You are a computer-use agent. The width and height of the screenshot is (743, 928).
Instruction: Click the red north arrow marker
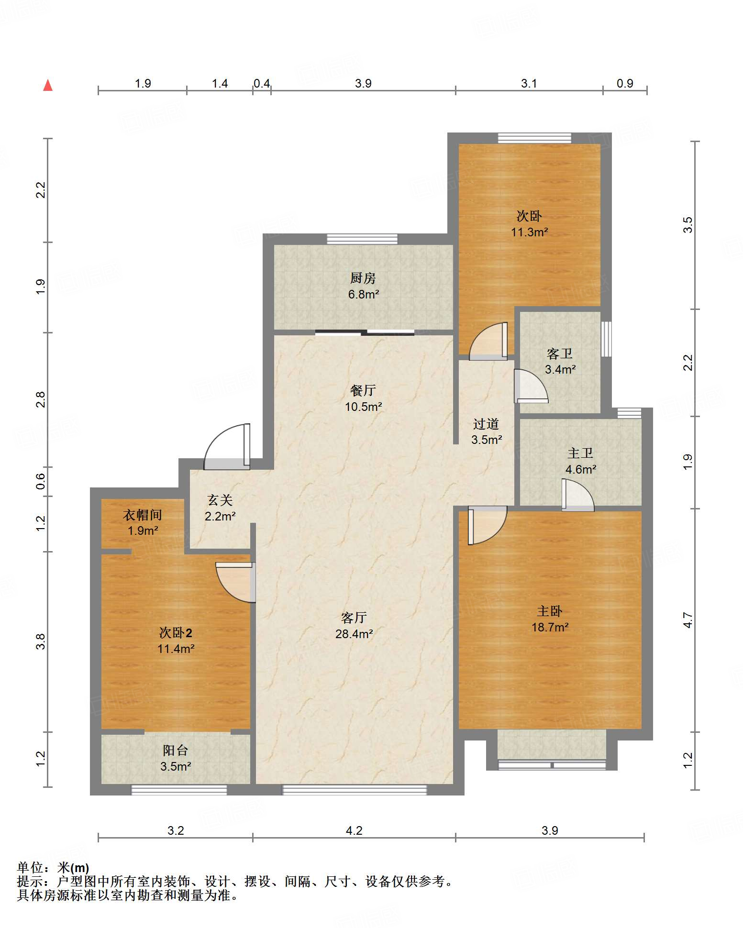point(48,85)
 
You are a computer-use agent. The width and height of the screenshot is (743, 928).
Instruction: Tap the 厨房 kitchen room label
point(363,278)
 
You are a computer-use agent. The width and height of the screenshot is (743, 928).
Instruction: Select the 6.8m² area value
point(363,294)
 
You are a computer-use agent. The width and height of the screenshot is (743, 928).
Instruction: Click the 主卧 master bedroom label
point(549,611)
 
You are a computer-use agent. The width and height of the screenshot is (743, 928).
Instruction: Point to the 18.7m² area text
point(550,627)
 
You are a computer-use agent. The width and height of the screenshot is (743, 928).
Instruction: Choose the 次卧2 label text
point(176,633)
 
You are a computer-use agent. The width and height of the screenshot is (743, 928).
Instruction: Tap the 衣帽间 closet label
point(143,515)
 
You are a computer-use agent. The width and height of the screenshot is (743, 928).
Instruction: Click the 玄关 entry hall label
point(220,500)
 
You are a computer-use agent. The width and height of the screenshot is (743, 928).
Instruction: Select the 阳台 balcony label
point(175,751)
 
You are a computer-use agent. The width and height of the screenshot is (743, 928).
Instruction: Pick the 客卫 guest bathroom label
point(560,354)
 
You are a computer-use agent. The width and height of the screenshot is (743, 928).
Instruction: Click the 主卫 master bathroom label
point(580,453)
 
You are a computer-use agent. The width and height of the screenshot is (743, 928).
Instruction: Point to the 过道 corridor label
point(486,424)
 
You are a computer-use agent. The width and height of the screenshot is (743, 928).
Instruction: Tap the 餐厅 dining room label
point(363,390)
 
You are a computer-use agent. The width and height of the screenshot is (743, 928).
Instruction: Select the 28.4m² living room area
point(354,634)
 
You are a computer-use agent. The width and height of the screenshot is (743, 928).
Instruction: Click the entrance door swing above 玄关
point(227,446)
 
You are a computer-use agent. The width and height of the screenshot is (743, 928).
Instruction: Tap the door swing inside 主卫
point(578,495)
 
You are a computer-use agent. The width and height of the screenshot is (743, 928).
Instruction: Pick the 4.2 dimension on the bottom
point(354,830)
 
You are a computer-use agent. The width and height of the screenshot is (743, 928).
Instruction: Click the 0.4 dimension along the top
point(262,84)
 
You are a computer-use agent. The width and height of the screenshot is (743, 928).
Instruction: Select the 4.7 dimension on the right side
point(688,620)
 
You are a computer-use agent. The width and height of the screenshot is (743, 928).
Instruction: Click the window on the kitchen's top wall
point(362,239)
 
